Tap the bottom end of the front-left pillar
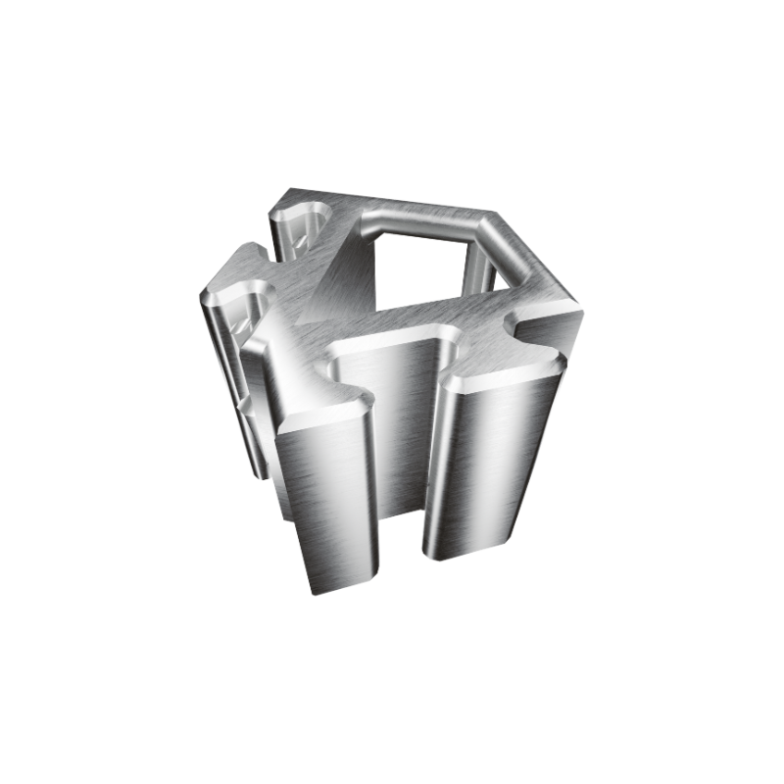[338, 583]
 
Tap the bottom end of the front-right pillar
[465, 554]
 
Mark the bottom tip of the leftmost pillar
[260, 475]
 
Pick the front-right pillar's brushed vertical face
[490, 461]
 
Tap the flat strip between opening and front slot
[431, 318]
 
